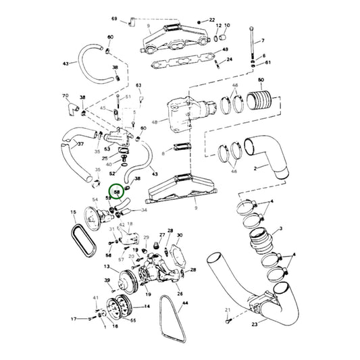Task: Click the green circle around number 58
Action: (x=118, y=192)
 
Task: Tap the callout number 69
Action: (x=114, y=18)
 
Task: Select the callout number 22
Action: (x=212, y=20)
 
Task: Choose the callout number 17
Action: (x=74, y=318)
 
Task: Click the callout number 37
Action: (x=80, y=144)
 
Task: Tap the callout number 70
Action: (x=66, y=97)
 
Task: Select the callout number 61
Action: (x=267, y=63)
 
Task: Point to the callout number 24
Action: (x=230, y=59)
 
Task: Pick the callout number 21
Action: (x=228, y=310)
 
